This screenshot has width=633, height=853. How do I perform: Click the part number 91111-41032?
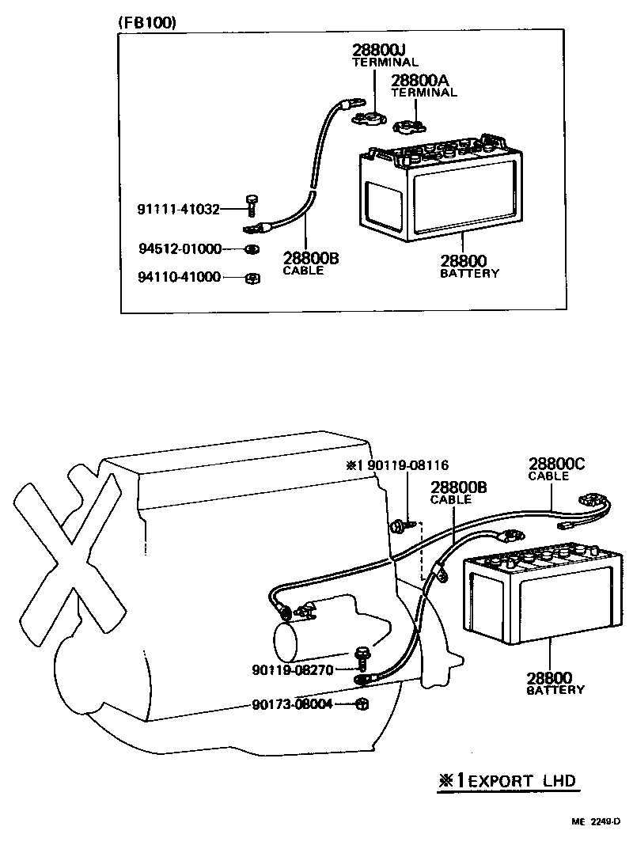(x=178, y=210)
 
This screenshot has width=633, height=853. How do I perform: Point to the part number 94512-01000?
(x=180, y=249)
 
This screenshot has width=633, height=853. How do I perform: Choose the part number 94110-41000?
(x=180, y=278)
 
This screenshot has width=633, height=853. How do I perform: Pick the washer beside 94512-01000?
(x=250, y=250)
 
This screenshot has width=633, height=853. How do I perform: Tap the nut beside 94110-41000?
(x=252, y=278)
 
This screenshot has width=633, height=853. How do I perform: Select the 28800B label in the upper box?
(x=311, y=258)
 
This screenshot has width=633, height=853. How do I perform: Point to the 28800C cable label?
(x=557, y=464)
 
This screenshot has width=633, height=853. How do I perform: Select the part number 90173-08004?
(x=293, y=703)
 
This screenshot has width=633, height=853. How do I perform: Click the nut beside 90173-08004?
(x=361, y=703)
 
